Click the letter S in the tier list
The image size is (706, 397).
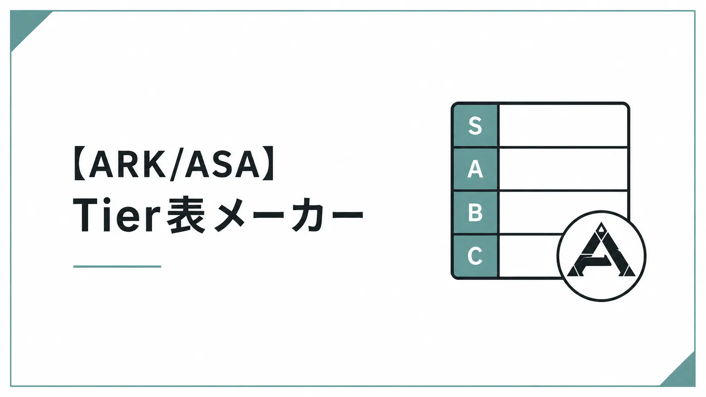tap(475, 126)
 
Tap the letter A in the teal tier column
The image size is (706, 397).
tap(475, 169)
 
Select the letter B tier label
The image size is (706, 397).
tap(475, 213)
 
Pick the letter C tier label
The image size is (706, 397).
tap(475, 256)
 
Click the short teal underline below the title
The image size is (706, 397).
tap(117, 266)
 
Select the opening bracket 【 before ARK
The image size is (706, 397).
tap(80, 163)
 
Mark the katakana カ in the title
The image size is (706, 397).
tap(308, 215)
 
